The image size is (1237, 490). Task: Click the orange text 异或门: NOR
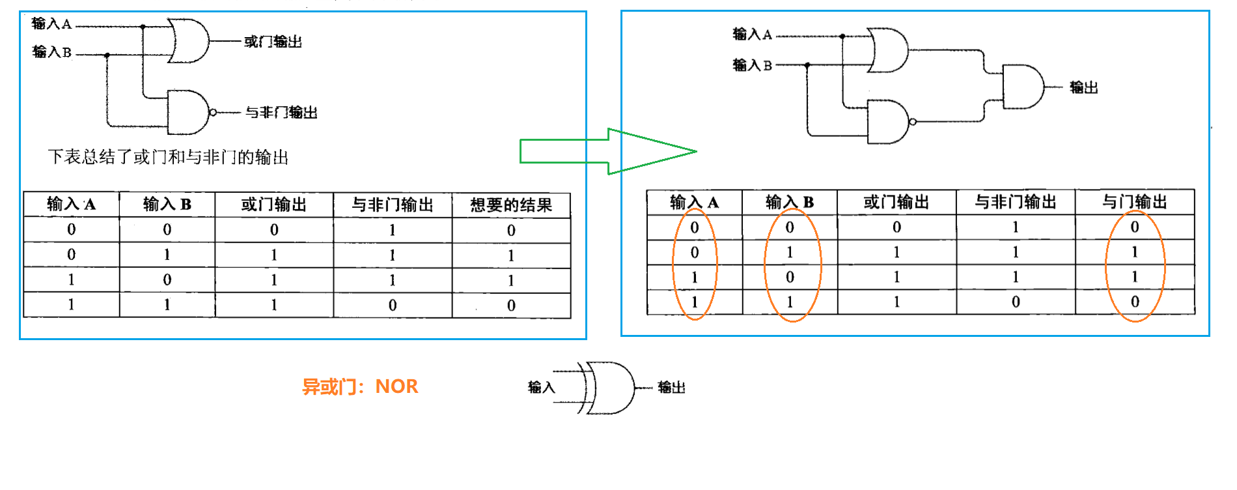click(360, 386)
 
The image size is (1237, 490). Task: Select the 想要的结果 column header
click(511, 205)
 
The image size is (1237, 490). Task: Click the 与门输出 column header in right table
click(1134, 203)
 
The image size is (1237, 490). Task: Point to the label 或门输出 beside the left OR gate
click(273, 42)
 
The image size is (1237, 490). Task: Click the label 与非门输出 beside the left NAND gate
click(281, 113)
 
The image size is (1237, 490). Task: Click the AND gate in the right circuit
click(1022, 87)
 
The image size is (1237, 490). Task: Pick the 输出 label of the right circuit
click(1083, 87)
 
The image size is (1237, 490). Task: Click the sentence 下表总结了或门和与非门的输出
click(168, 157)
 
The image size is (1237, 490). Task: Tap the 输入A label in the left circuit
click(51, 24)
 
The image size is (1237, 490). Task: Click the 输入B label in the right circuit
click(752, 65)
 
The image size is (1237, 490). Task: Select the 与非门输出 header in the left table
click(393, 205)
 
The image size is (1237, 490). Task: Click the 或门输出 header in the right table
click(896, 203)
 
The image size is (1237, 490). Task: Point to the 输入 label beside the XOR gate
click(541, 388)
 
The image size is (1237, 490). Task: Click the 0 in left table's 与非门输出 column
click(393, 305)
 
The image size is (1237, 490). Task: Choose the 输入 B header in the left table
click(167, 205)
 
